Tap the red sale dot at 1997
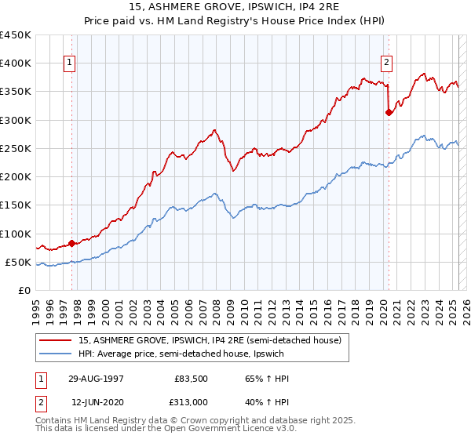click(71, 243)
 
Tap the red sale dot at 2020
click(389, 112)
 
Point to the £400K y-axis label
click(16, 63)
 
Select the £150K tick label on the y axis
click(16, 205)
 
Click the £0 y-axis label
click(24, 290)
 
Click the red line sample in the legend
click(57, 340)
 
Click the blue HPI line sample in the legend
click(57, 354)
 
